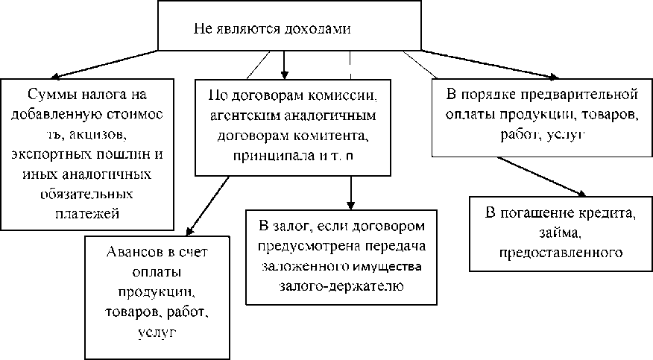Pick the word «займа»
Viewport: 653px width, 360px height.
560,234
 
